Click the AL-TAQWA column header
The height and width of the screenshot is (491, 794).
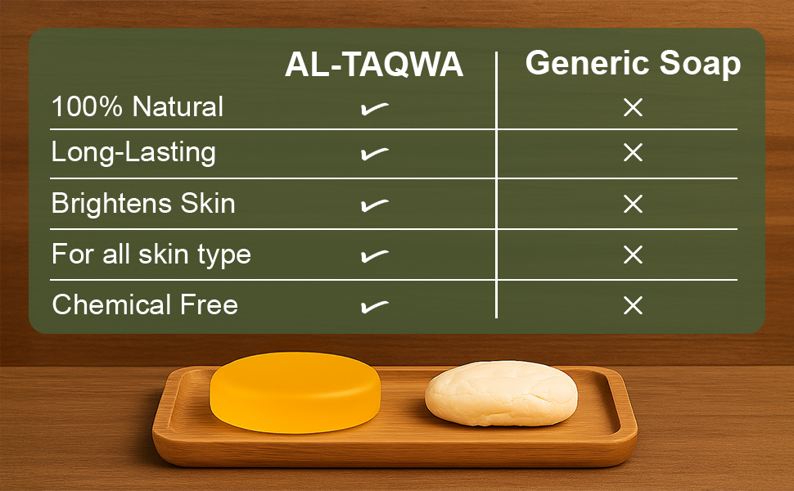(374, 65)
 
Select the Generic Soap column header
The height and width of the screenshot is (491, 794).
(633, 63)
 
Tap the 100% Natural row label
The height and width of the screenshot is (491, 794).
(138, 107)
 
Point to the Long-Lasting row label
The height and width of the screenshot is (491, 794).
(133, 152)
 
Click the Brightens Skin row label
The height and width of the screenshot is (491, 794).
(143, 204)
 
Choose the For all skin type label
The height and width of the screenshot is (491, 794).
(151, 255)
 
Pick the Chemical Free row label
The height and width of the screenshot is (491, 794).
(145, 304)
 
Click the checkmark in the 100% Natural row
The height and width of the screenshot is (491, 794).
(375, 108)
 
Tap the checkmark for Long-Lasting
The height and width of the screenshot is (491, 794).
(375, 153)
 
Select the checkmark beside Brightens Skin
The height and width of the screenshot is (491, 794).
(375, 205)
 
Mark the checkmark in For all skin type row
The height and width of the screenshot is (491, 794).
(375, 255)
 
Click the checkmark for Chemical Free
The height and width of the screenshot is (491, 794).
(375, 306)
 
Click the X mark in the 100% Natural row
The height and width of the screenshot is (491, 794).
(633, 107)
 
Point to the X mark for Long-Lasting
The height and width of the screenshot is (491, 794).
(633, 152)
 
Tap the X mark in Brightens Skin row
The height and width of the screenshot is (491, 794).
(633, 204)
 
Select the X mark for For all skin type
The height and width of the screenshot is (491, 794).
(633, 255)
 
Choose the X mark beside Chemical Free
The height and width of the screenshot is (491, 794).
(633, 305)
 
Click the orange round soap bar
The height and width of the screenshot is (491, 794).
(295, 392)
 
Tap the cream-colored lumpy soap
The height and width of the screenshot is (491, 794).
(501, 394)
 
